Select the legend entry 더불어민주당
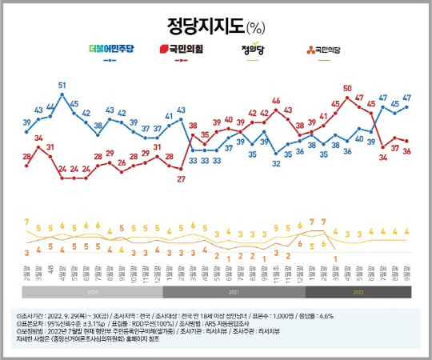112,50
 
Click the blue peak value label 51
62,85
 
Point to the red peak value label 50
347,88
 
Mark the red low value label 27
181,178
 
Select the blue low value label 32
276,164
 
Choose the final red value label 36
406,150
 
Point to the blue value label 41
169,117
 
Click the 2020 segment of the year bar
95,293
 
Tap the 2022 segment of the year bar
358,293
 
